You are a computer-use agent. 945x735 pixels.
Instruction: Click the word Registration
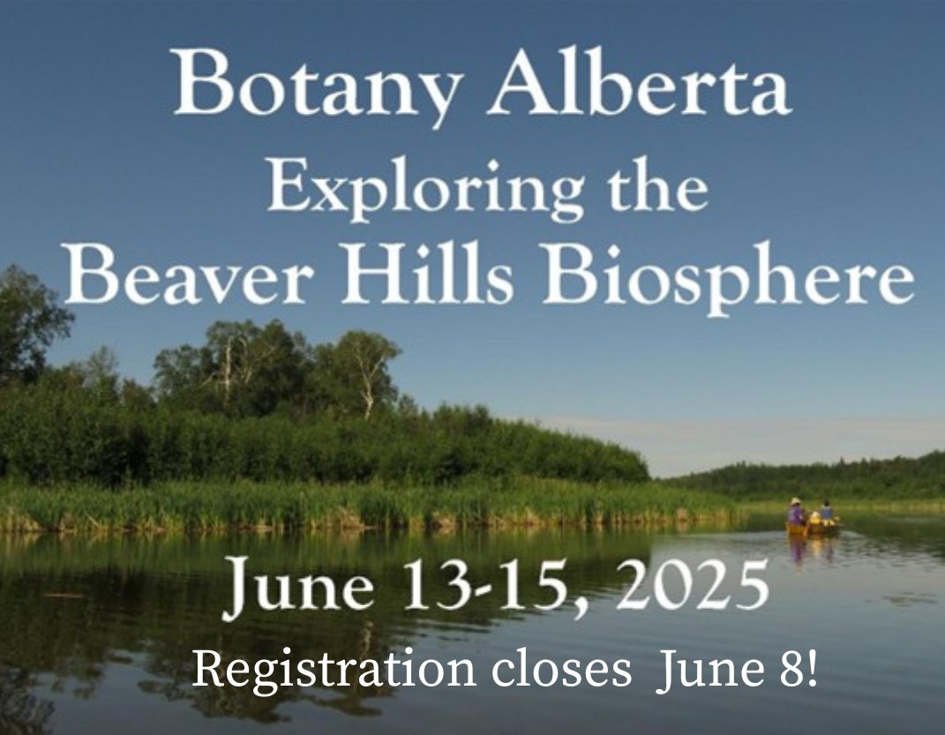pos(333,671)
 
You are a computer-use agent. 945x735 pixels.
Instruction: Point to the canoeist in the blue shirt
pos(827,511)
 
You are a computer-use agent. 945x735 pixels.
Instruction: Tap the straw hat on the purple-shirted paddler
pos(797,501)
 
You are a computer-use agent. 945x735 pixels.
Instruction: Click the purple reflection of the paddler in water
pos(798,549)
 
